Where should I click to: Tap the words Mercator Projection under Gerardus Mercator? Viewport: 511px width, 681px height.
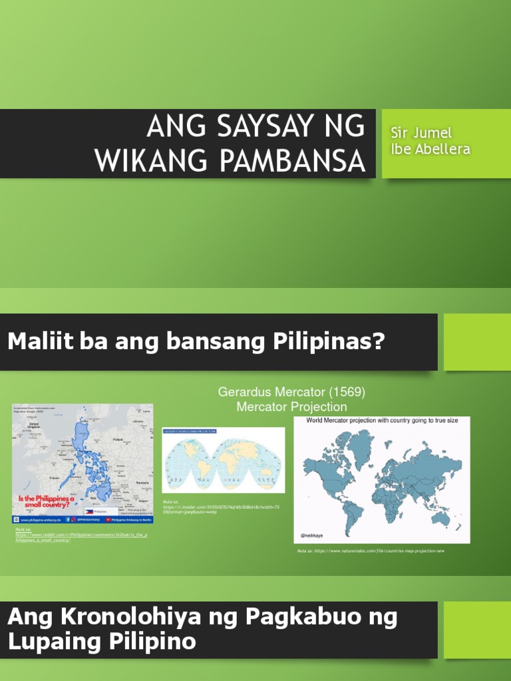[291, 406]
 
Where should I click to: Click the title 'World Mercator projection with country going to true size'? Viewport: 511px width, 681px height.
[381, 421]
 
